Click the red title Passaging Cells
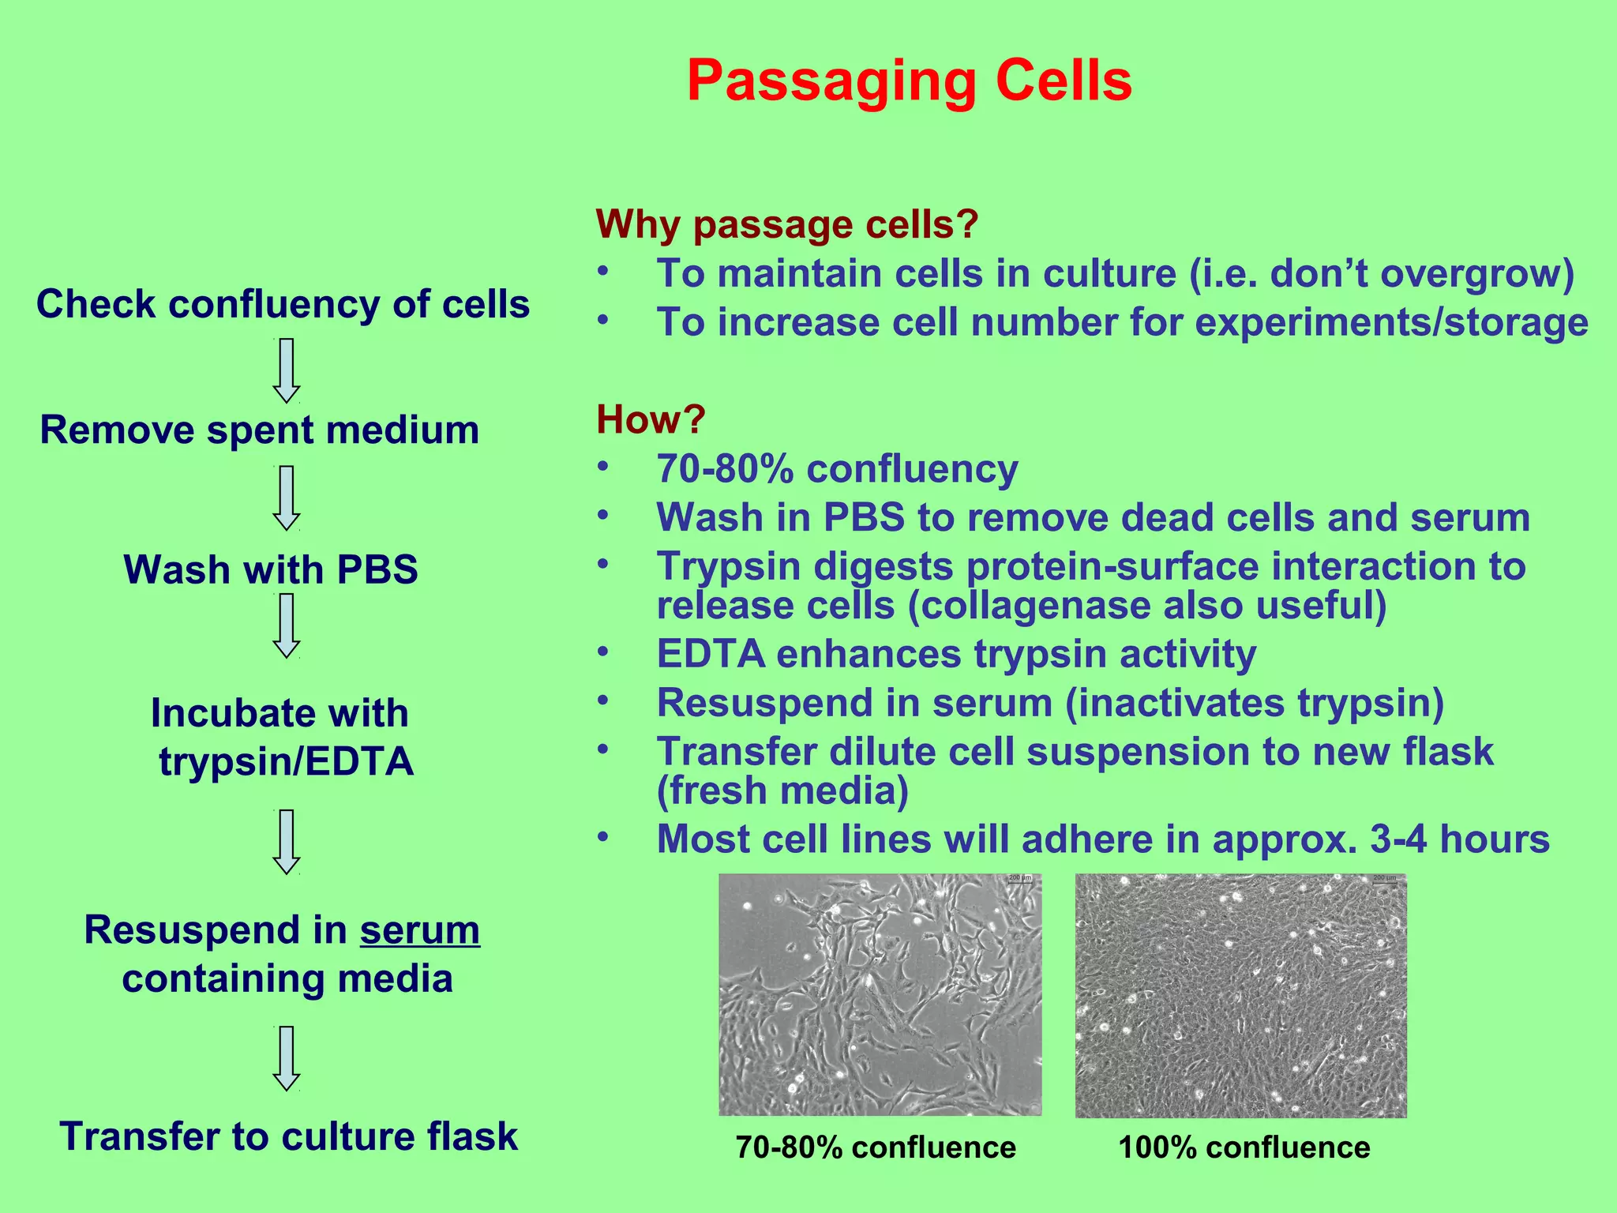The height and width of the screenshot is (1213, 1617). (909, 81)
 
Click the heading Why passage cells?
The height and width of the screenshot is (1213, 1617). (786, 224)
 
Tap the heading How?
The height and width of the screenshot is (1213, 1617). (650, 419)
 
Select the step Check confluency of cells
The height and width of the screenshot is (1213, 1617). (283, 304)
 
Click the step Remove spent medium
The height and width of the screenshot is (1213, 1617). (260, 430)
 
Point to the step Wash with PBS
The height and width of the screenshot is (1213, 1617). (271, 569)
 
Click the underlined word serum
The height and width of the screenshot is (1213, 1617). (419, 930)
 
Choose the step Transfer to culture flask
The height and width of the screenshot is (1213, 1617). (288, 1136)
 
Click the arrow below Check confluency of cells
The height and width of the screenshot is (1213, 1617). (286, 370)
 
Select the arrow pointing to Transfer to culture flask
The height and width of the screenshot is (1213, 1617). (286, 1058)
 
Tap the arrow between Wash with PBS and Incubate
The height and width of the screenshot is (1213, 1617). (286, 625)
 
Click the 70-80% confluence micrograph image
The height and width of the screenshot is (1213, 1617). (880, 994)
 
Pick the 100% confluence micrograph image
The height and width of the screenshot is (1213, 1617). (1240, 995)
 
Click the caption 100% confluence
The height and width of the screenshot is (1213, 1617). (1244, 1147)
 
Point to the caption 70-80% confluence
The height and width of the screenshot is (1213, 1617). (876, 1147)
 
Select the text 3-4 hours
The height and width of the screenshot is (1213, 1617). (1459, 839)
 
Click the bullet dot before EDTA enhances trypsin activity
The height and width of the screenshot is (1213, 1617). (603, 652)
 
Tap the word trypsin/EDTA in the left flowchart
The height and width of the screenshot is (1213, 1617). (286, 762)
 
